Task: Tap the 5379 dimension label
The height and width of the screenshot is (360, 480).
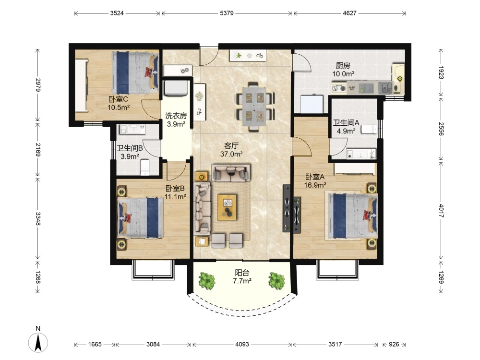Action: pyautogui.click(x=227, y=13)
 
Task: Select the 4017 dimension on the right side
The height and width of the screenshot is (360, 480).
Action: pyautogui.click(x=441, y=211)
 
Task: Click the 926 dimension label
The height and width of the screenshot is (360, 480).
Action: pyautogui.click(x=394, y=344)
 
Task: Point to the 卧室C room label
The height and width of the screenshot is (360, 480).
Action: pyautogui.click(x=118, y=99)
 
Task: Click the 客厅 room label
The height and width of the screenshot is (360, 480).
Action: pyautogui.click(x=231, y=146)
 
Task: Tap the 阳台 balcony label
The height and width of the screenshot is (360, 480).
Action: pyautogui.click(x=242, y=273)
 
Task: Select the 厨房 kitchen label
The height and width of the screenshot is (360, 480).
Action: pyautogui.click(x=343, y=65)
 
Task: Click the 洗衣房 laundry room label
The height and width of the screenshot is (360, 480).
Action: pyautogui.click(x=176, y=116)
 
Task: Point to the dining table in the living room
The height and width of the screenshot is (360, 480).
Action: pyautogui.click(x=255, y=106)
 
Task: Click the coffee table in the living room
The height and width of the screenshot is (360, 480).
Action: pyautogui.click(x=227, y=207)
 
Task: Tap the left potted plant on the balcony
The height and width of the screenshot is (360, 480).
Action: pyautogui.click(x=207, y=280)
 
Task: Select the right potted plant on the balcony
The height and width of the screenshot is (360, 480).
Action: pyautogui.click(x=277, y=280)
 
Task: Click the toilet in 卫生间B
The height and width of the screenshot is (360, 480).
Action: pyautogui.click(x=145, y=167)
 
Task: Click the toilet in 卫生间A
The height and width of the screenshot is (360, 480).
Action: pyautogui.click(x=369, y=129)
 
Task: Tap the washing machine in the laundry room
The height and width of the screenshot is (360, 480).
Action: pyautogui.click(x=176, y=88)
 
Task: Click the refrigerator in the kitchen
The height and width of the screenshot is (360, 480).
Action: pyautogui.click(x=312, y=104)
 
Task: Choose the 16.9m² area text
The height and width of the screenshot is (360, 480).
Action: pyautogui.click(x=315, y=185)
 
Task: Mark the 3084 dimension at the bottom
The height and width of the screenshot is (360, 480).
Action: pyautogui.click(x=153, y=344)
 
